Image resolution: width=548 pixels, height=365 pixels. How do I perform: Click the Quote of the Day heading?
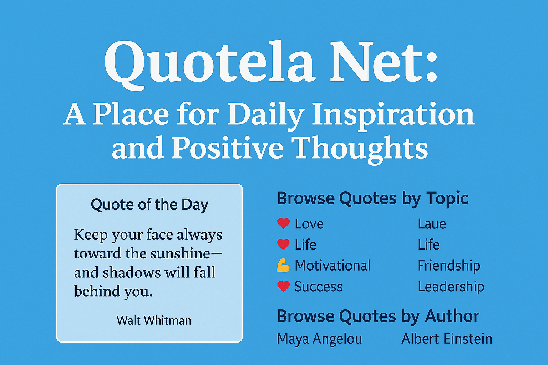pos(149,205)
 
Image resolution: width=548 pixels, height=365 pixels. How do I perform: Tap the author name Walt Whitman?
pos(154,320)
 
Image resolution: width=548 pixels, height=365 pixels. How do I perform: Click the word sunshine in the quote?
pos(180,253)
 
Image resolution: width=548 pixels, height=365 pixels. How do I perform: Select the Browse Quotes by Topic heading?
pos(372,199)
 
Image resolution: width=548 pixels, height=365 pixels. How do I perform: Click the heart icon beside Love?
pos(284,223)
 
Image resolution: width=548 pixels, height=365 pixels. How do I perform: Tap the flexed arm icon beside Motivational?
pos(283,266)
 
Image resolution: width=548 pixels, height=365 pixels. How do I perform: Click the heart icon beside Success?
pos(284,286)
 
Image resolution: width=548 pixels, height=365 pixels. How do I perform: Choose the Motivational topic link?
pos(333,266)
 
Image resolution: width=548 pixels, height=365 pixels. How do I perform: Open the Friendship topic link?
pos(449,266)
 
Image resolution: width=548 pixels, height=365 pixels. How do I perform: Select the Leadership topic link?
pos(451,287)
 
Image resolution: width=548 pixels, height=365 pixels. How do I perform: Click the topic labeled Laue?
pos(432,224)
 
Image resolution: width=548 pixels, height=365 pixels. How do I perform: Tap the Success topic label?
pos(319,287)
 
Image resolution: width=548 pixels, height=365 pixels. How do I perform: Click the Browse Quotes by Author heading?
pos(378,317)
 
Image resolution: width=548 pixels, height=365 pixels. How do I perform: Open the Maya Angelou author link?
pos(319,339)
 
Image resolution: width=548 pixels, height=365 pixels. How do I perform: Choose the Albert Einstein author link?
pos(447,339)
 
